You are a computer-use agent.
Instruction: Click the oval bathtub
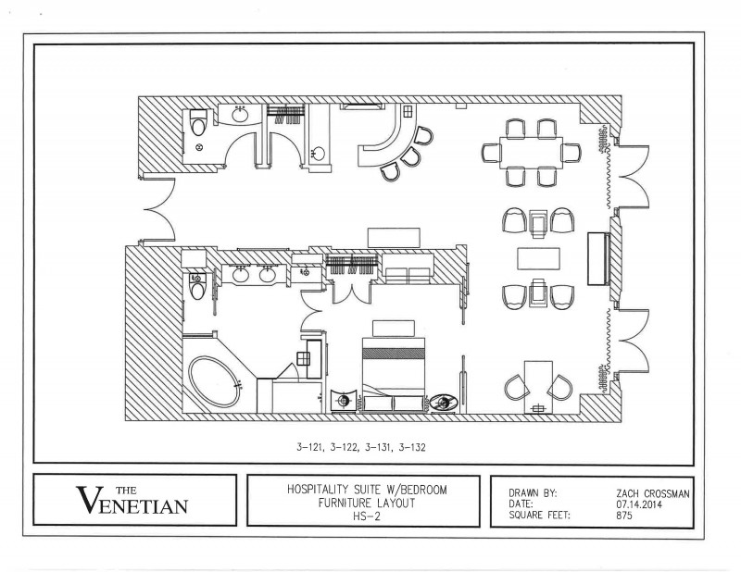[x=215, y=381]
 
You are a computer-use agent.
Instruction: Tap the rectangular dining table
[x=531, y=152]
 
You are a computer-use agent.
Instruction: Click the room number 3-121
[x=310, y=447]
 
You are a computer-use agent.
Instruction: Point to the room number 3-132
[x=412, y=447]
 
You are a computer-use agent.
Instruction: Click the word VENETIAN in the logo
[x=132, y=503]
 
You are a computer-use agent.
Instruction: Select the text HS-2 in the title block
[x=366, y=516]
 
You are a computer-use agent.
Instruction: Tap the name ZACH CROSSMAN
[x=653, y=493]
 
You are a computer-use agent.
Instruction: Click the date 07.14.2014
[x=638, y=504]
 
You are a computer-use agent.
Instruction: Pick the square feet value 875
[x=623, y=515]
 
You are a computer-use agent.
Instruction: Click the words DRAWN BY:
[x=534, y=493]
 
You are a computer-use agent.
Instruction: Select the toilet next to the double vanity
[x=198, y=286]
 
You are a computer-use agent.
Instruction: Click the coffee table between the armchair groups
[x=539, y=258]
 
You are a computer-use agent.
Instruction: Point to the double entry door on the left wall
[x=158, y=211]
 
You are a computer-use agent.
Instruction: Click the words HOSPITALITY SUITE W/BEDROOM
[x=367, y=490]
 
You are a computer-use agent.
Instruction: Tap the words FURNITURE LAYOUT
[x=367, y=503]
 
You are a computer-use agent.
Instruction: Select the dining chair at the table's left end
[x=491, y=153]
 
